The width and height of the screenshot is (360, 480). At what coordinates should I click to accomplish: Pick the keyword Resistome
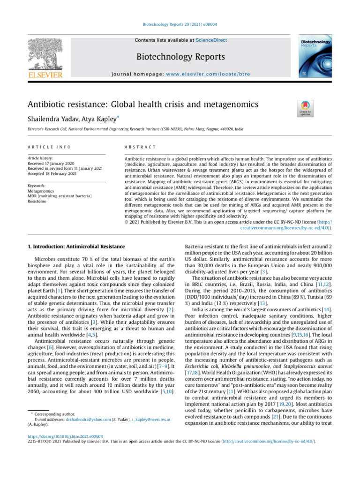[x=37, y=201]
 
